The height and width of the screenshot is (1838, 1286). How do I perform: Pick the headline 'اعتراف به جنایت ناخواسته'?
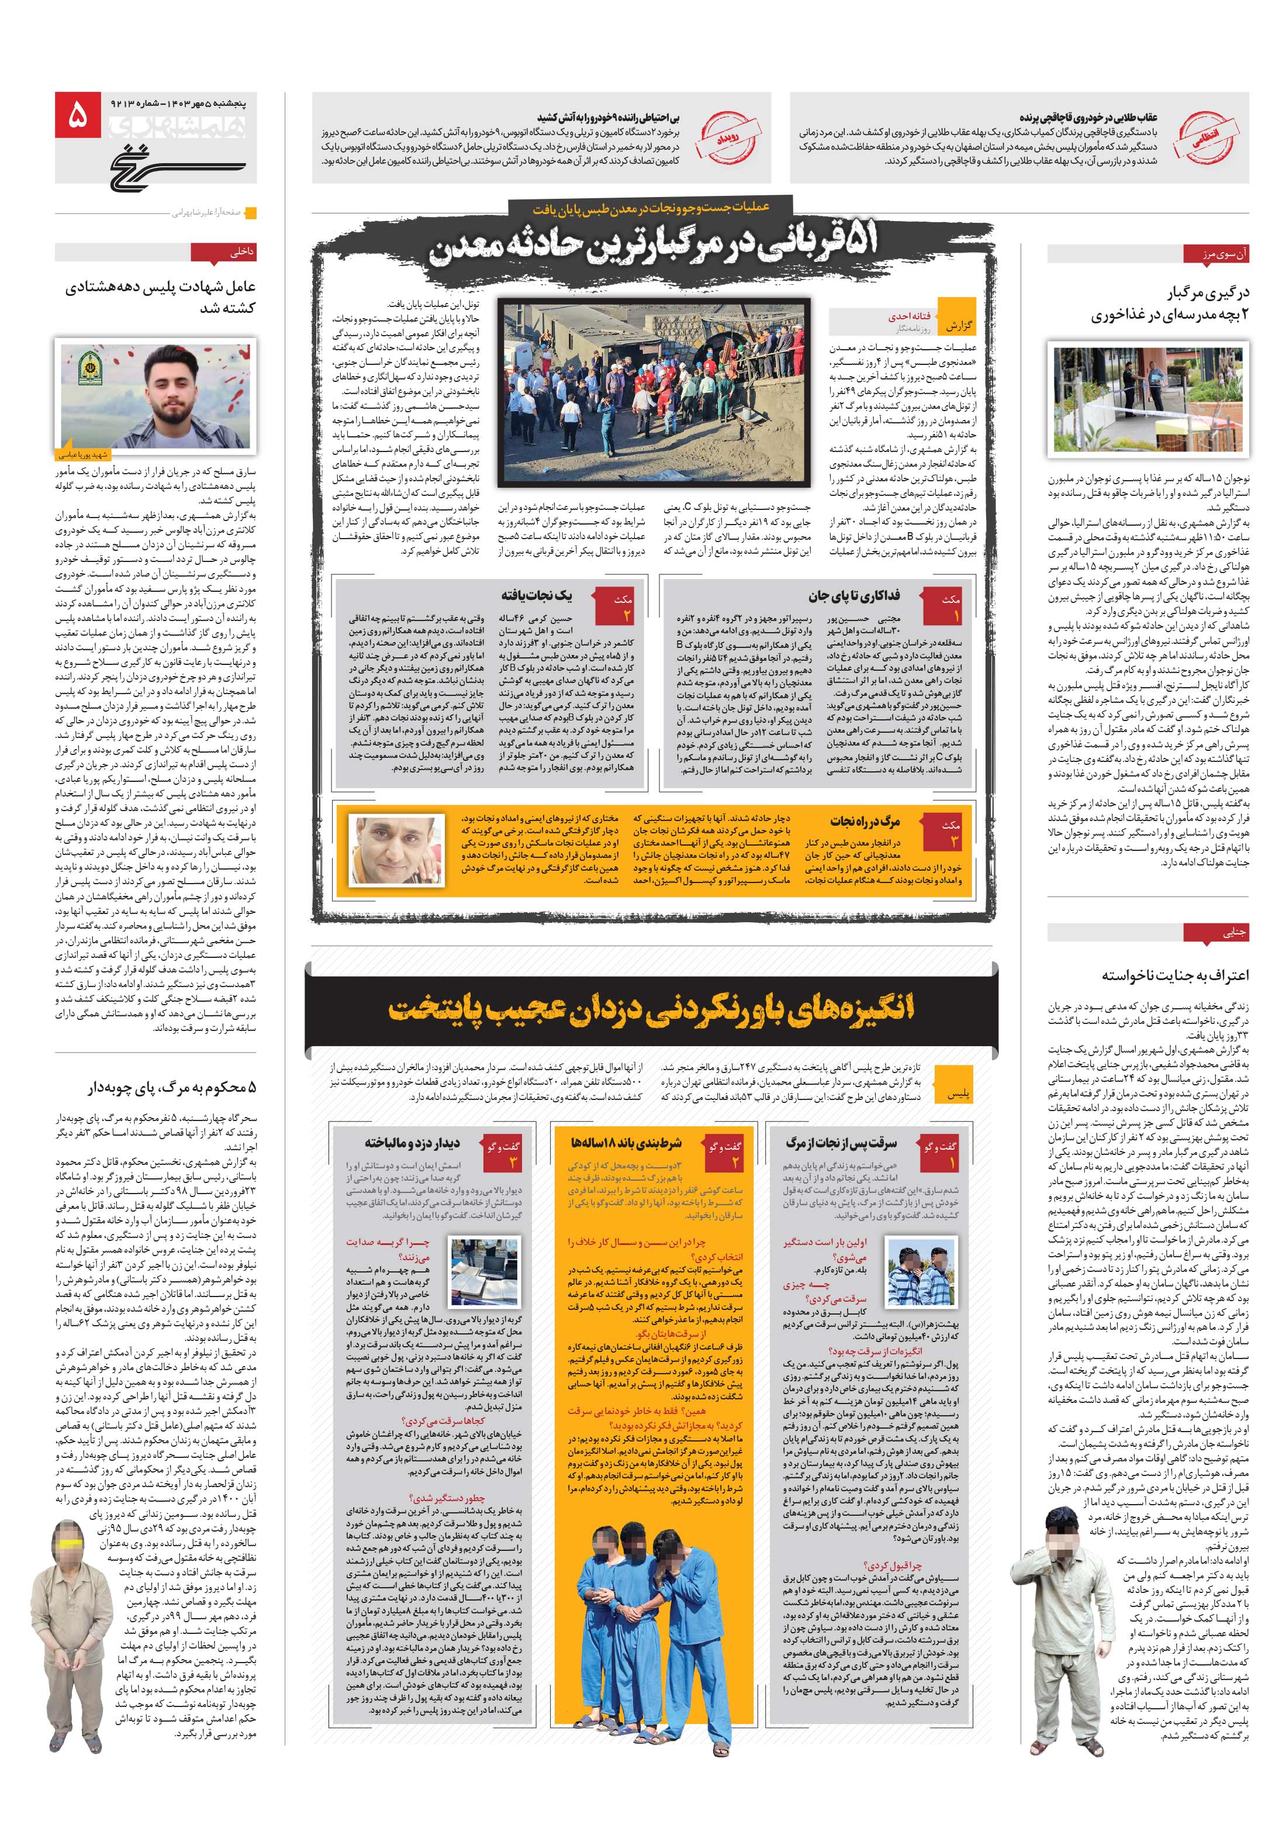pos(1175,975)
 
